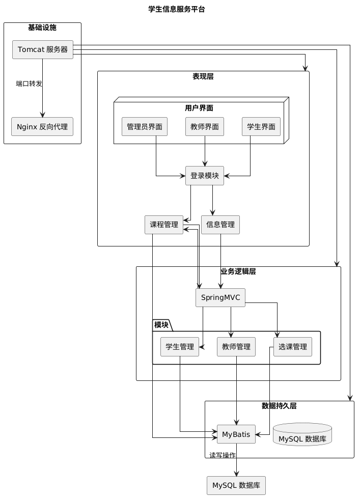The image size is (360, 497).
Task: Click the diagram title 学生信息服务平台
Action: pyautogui.click(x=176, y=9)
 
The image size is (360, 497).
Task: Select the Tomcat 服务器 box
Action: pyautogui.click(x=43, y=49)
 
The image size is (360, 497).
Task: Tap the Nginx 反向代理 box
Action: pyautogui.click(x=42, y=126)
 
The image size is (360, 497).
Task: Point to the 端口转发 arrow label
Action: pyautogui.click(x=29, y=84)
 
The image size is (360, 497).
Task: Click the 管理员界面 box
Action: pyautogui.click(x=145, y=127)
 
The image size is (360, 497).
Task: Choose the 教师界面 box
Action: pyautogui.click(x=205, y=127)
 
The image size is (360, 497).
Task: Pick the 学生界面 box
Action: pyautogui.click(x=261, y=127)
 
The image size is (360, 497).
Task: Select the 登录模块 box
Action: pyautogui.click(x=205, y=176)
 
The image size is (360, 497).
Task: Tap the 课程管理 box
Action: pyautogui.click(x=163, y=225)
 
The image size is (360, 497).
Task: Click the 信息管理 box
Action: pyautogui.click(x=220, y=225)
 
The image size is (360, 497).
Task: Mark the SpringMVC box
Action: pyautogui.click(x=220, y=298)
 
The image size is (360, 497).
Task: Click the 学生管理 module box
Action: pyautogui.click(x=179, y=347)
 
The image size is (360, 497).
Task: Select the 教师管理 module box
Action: pyautogui.click(x=236, y=347)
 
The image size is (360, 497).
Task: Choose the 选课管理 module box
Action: pyautogui.click(x=293, y=347)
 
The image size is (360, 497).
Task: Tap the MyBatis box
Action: pyautogui.click(x=236, y=434)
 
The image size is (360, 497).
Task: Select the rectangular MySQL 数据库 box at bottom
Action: pyautogui.click(x=236, y=485)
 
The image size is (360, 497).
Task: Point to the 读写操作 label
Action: pyautogui.click(x=223, y=455)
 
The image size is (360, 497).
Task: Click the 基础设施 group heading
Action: pyautogui.click(x=42, y=27)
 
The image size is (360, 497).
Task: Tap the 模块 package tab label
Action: pyautogui.click(x=162, y=324)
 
